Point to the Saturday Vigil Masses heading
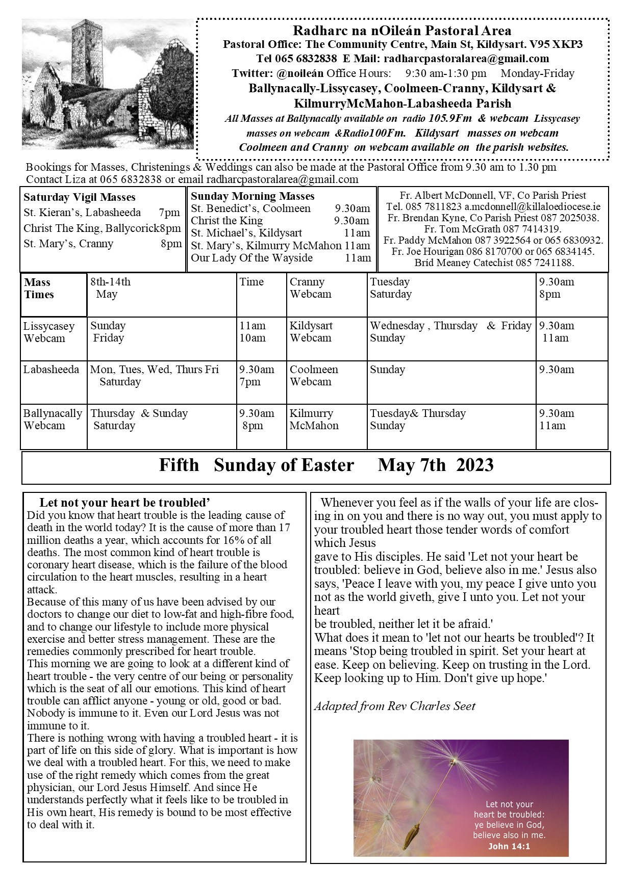point(80,197)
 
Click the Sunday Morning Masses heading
point(253,196)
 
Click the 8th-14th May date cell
point(110,288)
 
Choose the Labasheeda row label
point(51,370)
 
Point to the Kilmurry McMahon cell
point(314,420)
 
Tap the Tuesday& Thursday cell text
point(418,413)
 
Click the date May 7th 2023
point(436,465)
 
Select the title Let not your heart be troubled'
point(125,503)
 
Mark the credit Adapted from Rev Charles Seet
point(394,706)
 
